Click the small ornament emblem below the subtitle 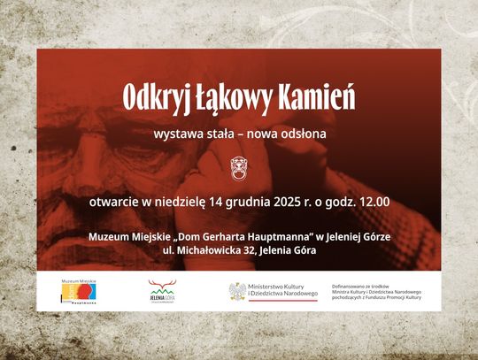click(x=238, y=165)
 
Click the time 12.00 click(x=371, y=202)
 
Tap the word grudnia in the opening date click(x=238, y=202)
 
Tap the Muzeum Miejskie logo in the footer click(x=78, y=292)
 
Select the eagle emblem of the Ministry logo click(x=237, y=291)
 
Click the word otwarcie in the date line click(x=115, y=202)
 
